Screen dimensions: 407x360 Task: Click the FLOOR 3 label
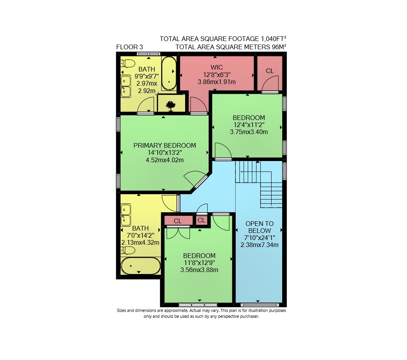tap(130, 47)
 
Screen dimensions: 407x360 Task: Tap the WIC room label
tap(217, 67)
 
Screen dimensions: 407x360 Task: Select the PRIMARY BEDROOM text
tap(165, 145)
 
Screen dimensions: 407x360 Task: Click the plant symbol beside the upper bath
tap(171, 106)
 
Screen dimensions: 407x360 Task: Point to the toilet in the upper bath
tap(128, 63)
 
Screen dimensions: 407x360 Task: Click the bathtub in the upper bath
tap(169, 73)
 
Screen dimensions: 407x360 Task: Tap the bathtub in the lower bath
tap(140, 266)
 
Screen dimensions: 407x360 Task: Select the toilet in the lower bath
tap(128, 250)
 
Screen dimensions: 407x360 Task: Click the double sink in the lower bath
tap(126, 215)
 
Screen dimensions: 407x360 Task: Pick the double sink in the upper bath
tap(126, 86)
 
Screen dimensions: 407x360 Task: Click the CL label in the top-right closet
tap(270, 71)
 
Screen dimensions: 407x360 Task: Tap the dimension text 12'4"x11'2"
tap(249, 125)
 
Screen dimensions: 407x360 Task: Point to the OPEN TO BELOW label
tap(259, 227)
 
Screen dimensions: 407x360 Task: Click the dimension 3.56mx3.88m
tap(199, 270)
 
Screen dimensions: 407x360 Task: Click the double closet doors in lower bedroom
tap(178, 232)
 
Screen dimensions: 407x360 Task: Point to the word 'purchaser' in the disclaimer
tap(249, 317)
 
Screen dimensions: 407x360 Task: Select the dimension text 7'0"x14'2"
tap(140, 235)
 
